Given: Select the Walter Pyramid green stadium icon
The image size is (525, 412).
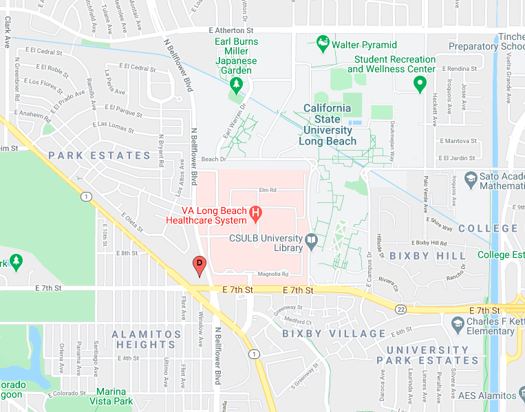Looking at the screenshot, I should (x=322, y=45).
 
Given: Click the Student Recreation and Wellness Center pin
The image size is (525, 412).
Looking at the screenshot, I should (x=419, y=85).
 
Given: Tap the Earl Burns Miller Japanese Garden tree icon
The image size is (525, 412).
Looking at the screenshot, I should (x=236, y=85).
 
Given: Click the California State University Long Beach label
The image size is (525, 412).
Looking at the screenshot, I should (x=328, y=124).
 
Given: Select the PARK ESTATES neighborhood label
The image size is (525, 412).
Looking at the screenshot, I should (x=99, y=155).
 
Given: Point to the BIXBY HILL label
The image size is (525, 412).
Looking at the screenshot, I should (x=419, y=255).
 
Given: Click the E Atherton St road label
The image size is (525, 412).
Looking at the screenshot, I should (x=231, y=31).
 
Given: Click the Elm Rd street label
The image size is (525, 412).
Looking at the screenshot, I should (x=268, y=190).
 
